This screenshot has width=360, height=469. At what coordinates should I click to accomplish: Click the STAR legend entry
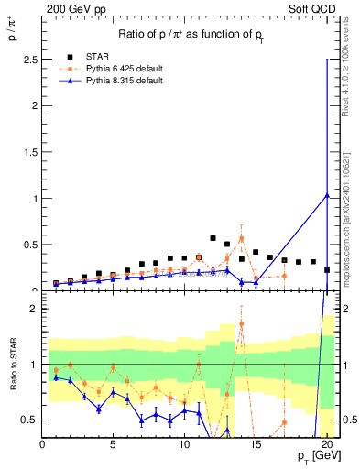coord(95,56)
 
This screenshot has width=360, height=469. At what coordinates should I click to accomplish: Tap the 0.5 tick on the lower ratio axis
coord(30,420)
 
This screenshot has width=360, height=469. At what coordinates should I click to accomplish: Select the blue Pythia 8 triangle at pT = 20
coord(327,195)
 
